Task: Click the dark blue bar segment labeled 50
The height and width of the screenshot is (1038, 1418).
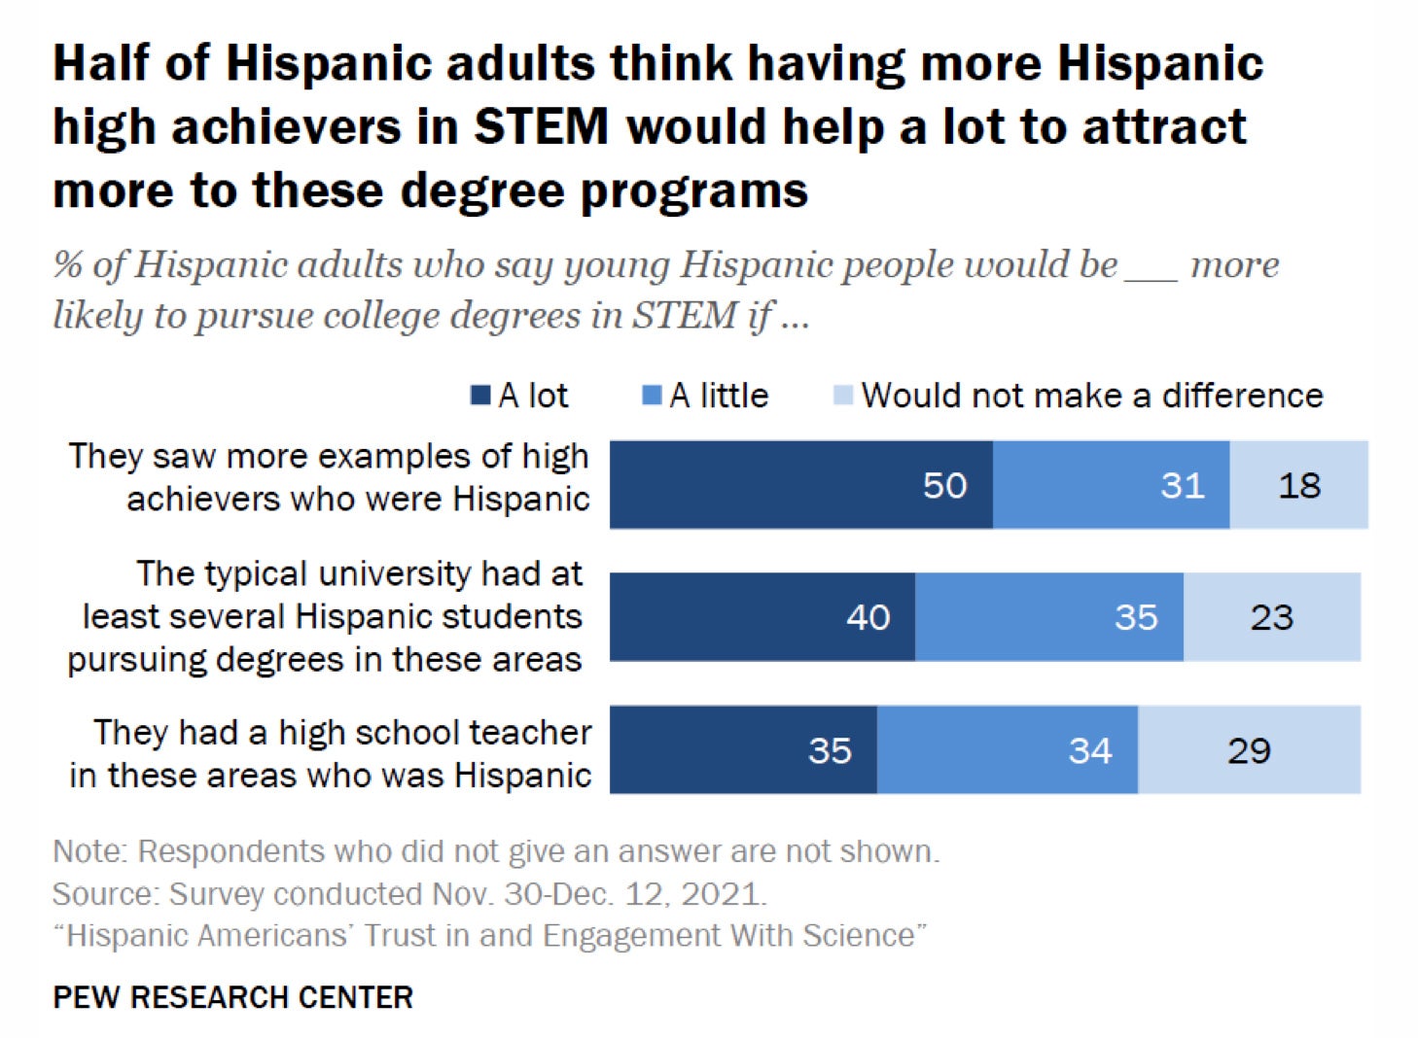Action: [800, 484]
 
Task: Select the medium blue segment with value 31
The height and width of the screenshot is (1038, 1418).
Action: [1111, 484]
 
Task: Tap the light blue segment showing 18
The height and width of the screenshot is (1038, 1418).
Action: [1298, 484]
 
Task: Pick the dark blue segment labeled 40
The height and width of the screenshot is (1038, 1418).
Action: [762, 616]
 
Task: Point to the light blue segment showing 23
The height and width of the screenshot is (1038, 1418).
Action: [1271, 616]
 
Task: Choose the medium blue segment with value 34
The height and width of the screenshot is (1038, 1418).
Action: [1007, 749]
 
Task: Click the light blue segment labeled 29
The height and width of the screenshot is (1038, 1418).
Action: [1249, 749]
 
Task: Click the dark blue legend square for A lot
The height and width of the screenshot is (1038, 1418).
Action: [480, 396]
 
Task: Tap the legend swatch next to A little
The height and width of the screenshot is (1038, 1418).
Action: [652, 396]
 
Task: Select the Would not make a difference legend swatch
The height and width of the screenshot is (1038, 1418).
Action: [843, 396]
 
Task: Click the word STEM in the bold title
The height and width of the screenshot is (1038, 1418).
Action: [541, 127]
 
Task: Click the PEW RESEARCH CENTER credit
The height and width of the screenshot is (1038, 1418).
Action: [232, 997]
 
